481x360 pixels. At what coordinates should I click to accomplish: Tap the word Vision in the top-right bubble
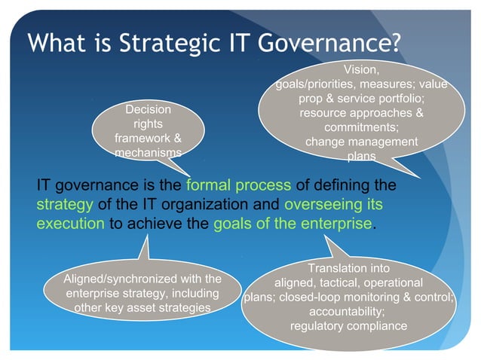(x=360, y=70)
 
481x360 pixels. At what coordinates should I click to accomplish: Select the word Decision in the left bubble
(x=148, y=110)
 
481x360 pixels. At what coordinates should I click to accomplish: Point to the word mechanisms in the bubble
(x=148, y=153)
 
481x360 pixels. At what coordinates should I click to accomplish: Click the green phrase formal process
(x=237, y=185)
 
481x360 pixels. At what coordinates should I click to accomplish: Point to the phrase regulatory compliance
(x=348, y=325)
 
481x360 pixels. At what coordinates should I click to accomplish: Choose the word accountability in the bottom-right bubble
(x=348, y=311)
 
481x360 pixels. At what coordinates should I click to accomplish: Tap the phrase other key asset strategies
(x=142, y=307)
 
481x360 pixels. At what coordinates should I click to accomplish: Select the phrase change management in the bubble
(x=361, y=142)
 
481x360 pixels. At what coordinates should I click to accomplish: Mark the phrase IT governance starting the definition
(x=88, y=185)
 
